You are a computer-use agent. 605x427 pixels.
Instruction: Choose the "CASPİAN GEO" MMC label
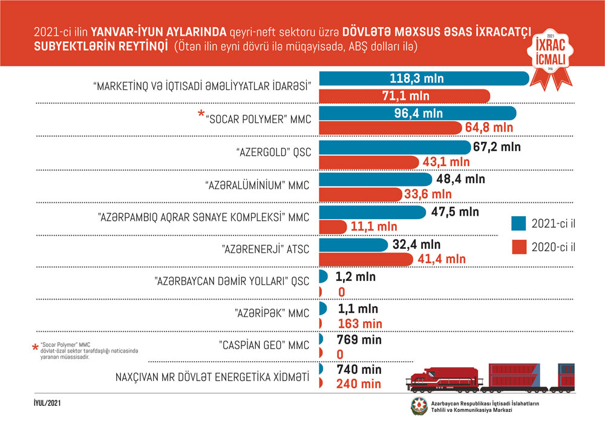(x=264, y=345)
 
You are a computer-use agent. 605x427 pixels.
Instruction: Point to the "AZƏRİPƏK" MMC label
(x=272, y=313)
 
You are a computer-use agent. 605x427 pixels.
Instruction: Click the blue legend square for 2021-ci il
(x=518, y=223)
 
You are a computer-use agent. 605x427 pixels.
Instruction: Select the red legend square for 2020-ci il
(x=518, y=248)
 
